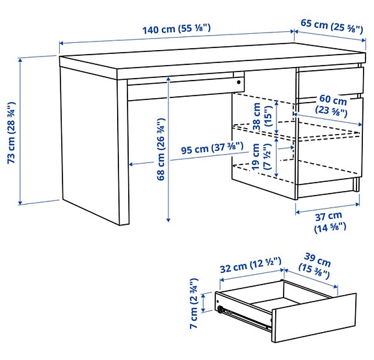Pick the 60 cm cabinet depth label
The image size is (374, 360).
[332, 105]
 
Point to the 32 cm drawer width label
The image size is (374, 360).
[250, 264]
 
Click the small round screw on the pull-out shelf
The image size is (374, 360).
[239, 83]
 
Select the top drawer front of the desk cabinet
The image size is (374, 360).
[328, 84]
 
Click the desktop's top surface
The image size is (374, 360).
[208, 55]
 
